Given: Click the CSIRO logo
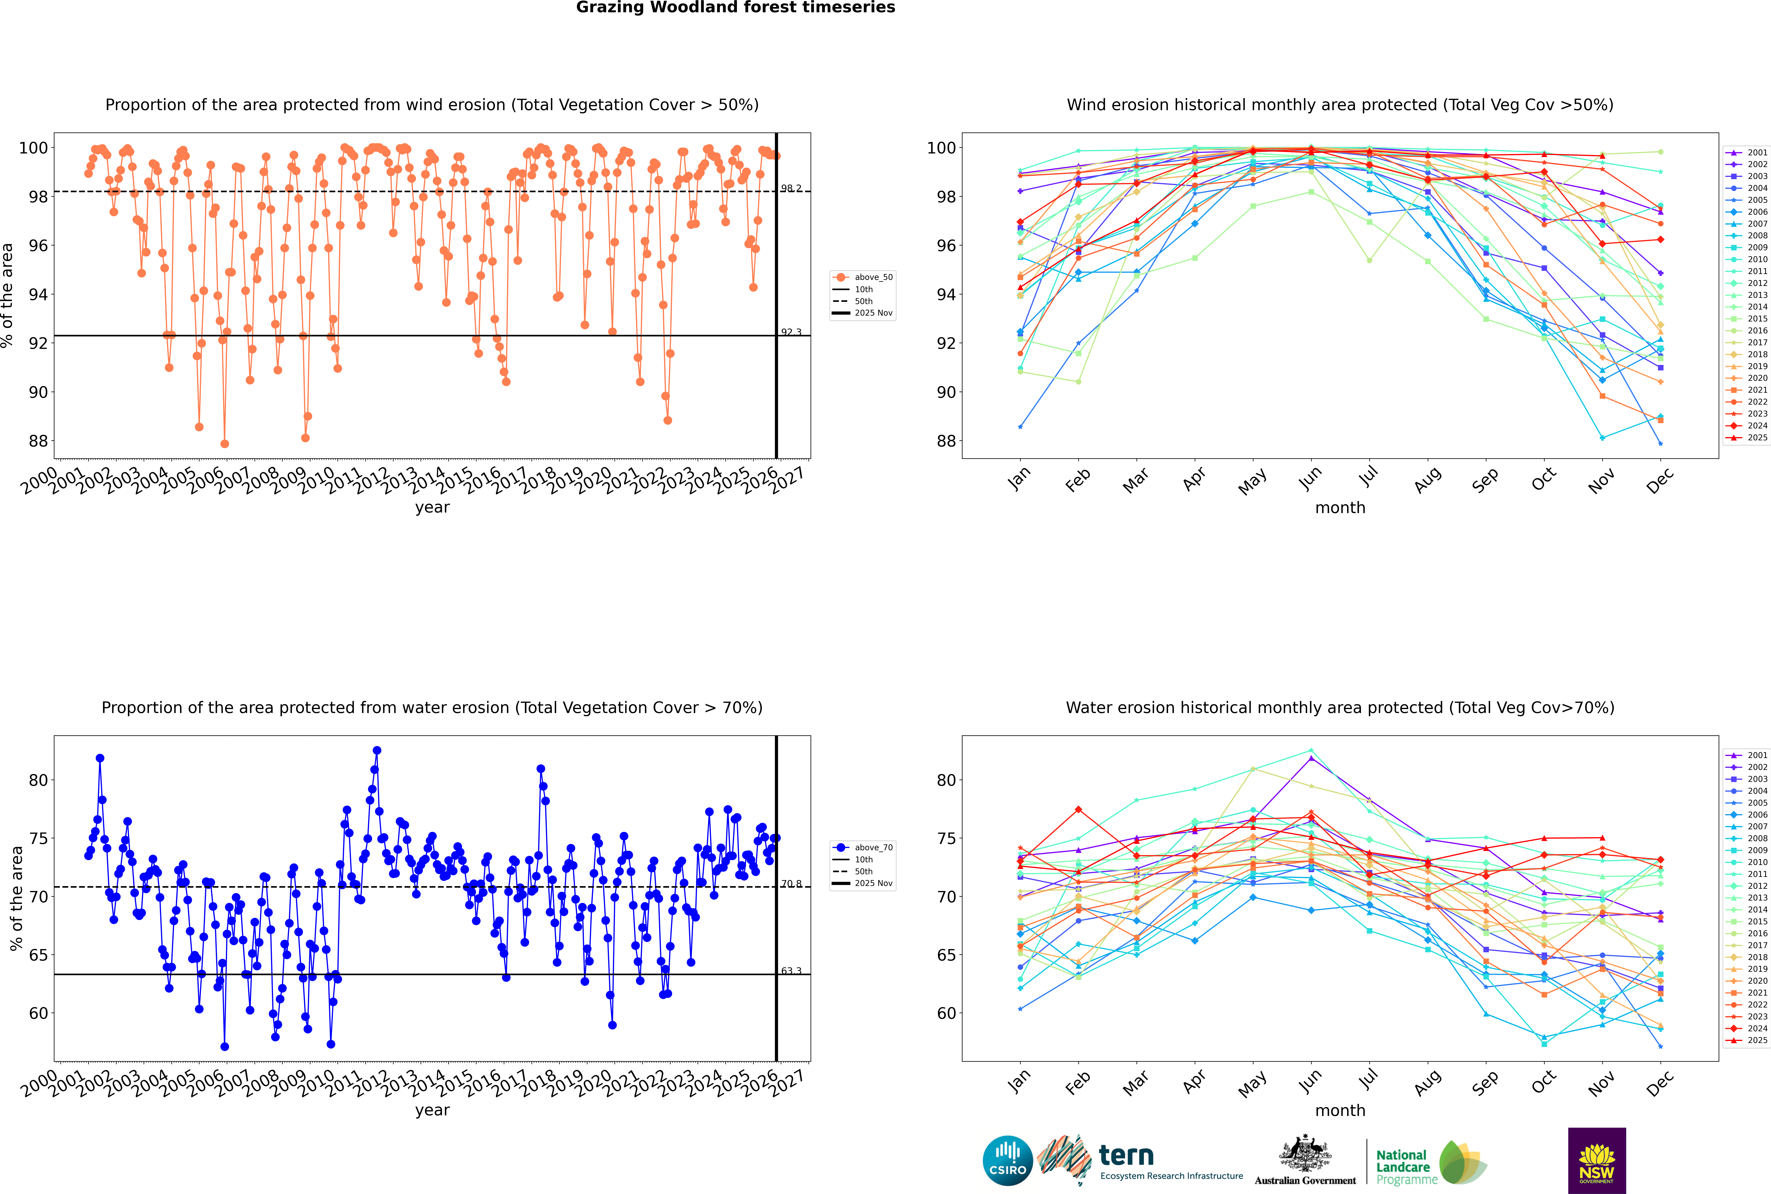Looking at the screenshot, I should pos(1007,1161).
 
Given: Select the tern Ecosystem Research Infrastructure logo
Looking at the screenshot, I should pos(1140,1161).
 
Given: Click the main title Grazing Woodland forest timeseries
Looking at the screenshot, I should pos(736,8).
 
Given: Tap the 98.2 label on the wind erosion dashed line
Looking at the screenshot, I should pos(791,188).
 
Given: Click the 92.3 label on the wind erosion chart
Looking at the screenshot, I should pos(791,332).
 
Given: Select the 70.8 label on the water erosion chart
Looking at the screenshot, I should pos(791,884).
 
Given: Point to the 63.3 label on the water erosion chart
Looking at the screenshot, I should pos(791,971).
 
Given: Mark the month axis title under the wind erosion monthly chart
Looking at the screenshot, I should pos(1340,508).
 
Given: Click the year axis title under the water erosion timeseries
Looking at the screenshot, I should pos(432,1110).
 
